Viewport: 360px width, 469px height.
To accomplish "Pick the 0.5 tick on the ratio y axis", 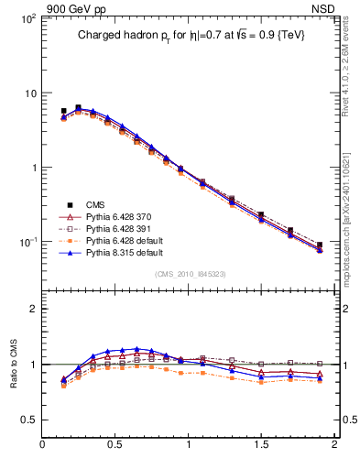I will point(29,420).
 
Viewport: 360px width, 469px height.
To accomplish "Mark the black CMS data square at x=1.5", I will point(261,214).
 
